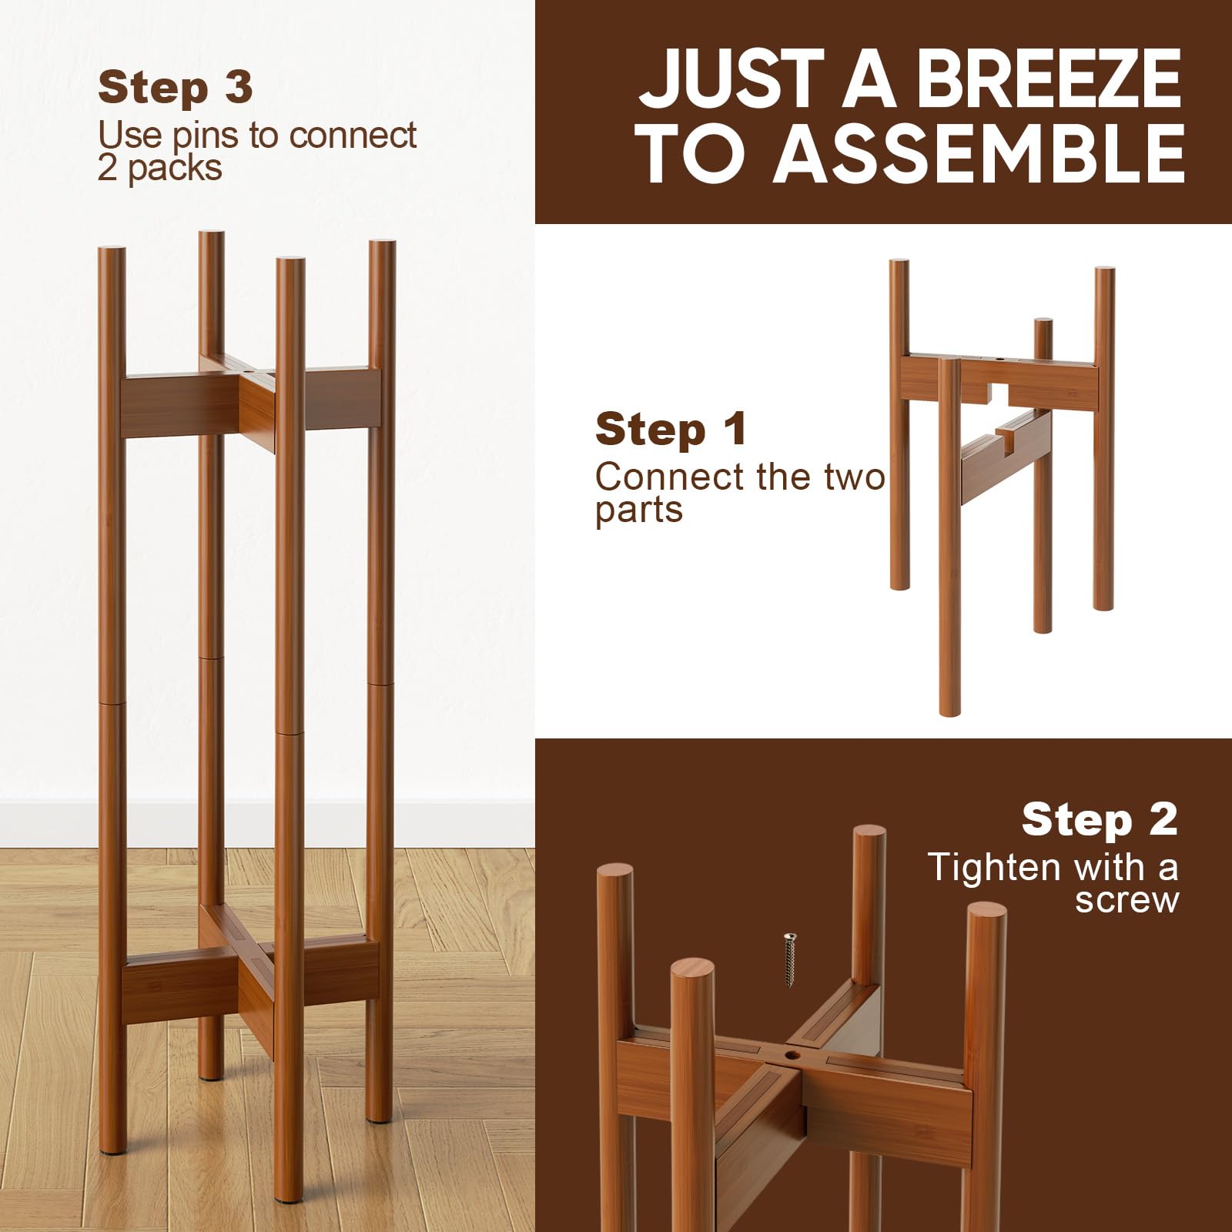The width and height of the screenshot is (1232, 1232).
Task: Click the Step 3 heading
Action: [x=176, y=88]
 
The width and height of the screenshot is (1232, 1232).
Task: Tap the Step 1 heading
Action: [x=671, y=429]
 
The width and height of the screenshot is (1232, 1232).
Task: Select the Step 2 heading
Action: [x=1100, y=819]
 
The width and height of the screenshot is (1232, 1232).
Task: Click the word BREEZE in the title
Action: [x=1050, y=80]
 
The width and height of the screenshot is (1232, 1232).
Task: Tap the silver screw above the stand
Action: [x=788, y=959]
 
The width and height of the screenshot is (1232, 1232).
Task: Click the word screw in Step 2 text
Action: [x=1127, y=900]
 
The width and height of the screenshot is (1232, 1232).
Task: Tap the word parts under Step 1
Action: [x=639, y=511]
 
